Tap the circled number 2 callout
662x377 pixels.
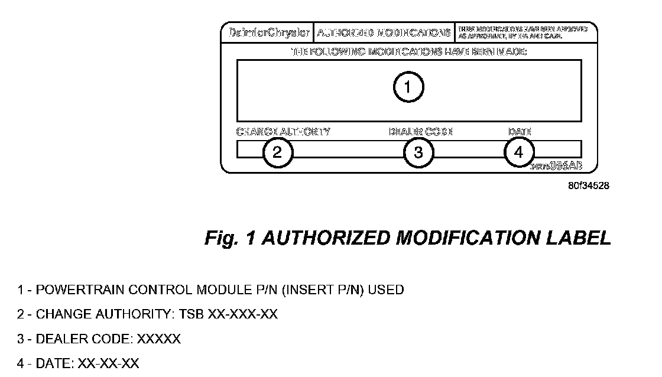tap(278, 152)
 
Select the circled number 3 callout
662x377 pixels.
tap(418, 152)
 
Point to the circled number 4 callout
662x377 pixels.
tap(519, 152)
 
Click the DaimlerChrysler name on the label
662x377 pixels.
tap(269, 32)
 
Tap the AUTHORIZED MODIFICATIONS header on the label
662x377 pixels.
tap(384, 32)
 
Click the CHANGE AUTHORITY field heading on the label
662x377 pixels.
tap(283, 132)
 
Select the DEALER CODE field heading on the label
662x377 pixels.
tap(420, 132)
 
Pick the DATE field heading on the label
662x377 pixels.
tap(520, 132)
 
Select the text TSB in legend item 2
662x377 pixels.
tap(191, 314)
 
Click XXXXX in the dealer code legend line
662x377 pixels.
tap(159, 339)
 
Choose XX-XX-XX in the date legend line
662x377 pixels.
tap(108, 363)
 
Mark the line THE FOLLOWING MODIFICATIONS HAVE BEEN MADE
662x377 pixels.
tap(410, 52)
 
